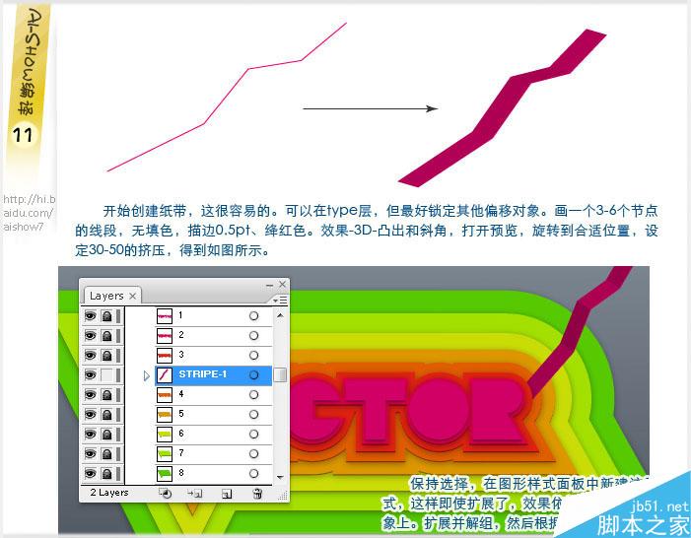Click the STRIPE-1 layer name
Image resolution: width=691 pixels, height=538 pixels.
[203, 374]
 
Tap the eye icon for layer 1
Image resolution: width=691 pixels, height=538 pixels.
[90, 315]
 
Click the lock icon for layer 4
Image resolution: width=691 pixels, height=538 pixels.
[105, 394]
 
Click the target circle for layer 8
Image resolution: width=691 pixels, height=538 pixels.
[253, 473]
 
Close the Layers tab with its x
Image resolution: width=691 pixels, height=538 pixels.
[133, 296]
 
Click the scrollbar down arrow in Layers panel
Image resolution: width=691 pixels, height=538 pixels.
[281, 476]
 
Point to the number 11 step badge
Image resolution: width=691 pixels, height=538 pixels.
[24, 136]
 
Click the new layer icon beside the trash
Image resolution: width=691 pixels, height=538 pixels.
[226, 493]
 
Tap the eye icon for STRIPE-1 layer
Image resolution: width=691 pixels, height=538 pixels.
[90, 374]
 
